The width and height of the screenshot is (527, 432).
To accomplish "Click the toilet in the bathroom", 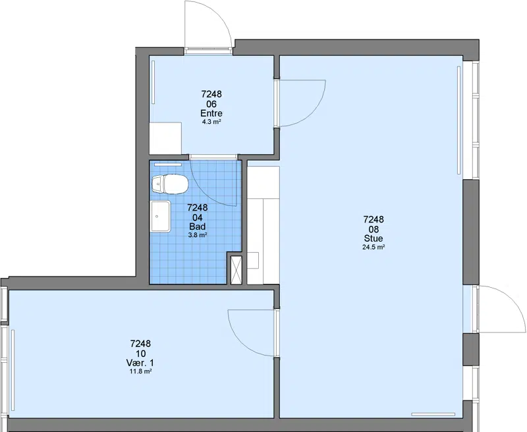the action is click(x=170, y=184).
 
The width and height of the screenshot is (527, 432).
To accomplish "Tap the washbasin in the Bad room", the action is click(x=161, y=217).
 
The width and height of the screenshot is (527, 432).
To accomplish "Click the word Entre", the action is click(x=211, y=113).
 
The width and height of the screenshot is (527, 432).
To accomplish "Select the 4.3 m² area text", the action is click(x=211, y=122).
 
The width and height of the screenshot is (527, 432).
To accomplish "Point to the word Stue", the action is click(x=374, y=238).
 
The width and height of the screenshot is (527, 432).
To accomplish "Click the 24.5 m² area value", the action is click(x=374, y=248).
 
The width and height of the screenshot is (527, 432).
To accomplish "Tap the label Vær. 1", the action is click(x=140, y=363).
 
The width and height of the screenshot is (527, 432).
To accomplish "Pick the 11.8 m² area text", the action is click(x=140, y=371).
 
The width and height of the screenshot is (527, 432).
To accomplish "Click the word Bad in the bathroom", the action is click(x=197, y=226).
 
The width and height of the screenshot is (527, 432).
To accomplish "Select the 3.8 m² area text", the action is click(x=197, y=235).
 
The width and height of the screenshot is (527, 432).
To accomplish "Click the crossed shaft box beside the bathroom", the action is click(x=236, y=269).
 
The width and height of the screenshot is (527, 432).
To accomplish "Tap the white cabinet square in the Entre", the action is click(x=165, y=138).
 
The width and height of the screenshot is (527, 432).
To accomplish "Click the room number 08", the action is click(x=374, y=229).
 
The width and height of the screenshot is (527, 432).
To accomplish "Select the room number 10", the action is click(x=140, y=354).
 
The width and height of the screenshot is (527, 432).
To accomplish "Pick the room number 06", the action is click(x=211, y=104).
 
